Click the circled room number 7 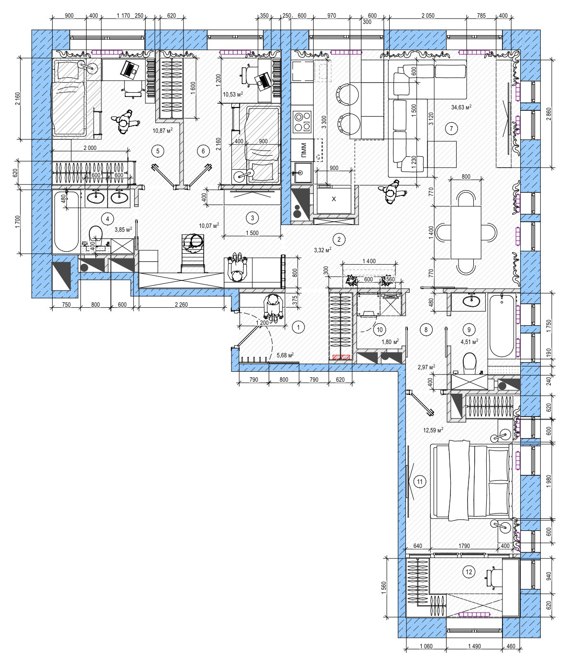(x=451, y=129)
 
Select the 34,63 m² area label (x=461, y=107)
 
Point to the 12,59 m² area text (x=433, y=429)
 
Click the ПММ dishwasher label (x=304, y=150)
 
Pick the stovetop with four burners (x=303, y=121)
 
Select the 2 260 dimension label (x=181, y=304)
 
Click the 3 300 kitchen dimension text (x=324, y=122)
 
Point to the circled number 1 (x=298, y=327)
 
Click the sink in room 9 (x=470, y=301)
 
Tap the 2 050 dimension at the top (x=428, y=15)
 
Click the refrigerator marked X (x=334, y=199)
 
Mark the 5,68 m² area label (x=285, y=355)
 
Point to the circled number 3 (x=252, y=218)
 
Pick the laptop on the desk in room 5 (x=130, y=69)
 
